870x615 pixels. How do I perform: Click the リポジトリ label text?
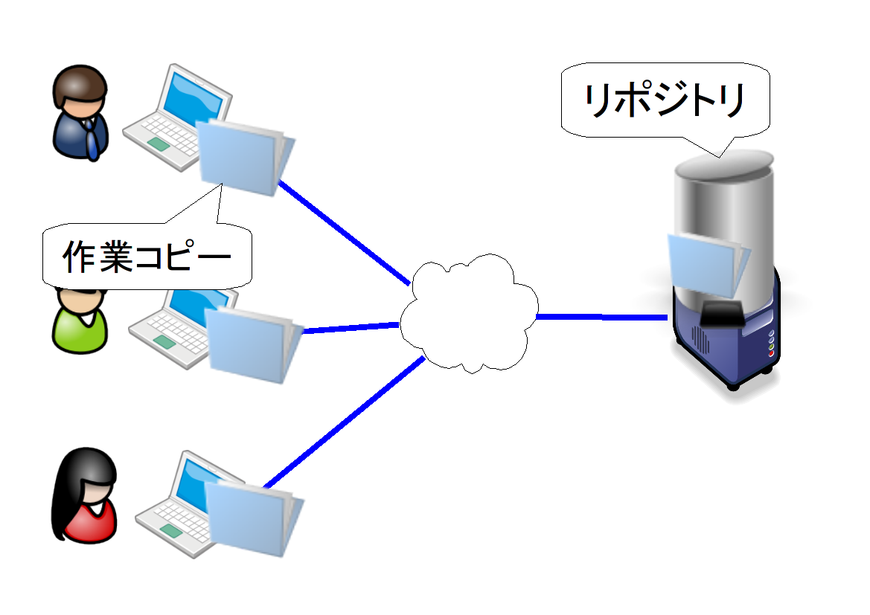click(x=665, y=101)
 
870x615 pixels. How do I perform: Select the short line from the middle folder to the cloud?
click(x=350, y=327)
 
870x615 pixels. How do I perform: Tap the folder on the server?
click(x=707, y=264)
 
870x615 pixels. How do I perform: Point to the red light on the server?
click(x=771, y=353)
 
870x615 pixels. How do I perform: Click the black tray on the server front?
click(x=719, y=316)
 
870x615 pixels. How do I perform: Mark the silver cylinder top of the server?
click(x=722, y=164)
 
